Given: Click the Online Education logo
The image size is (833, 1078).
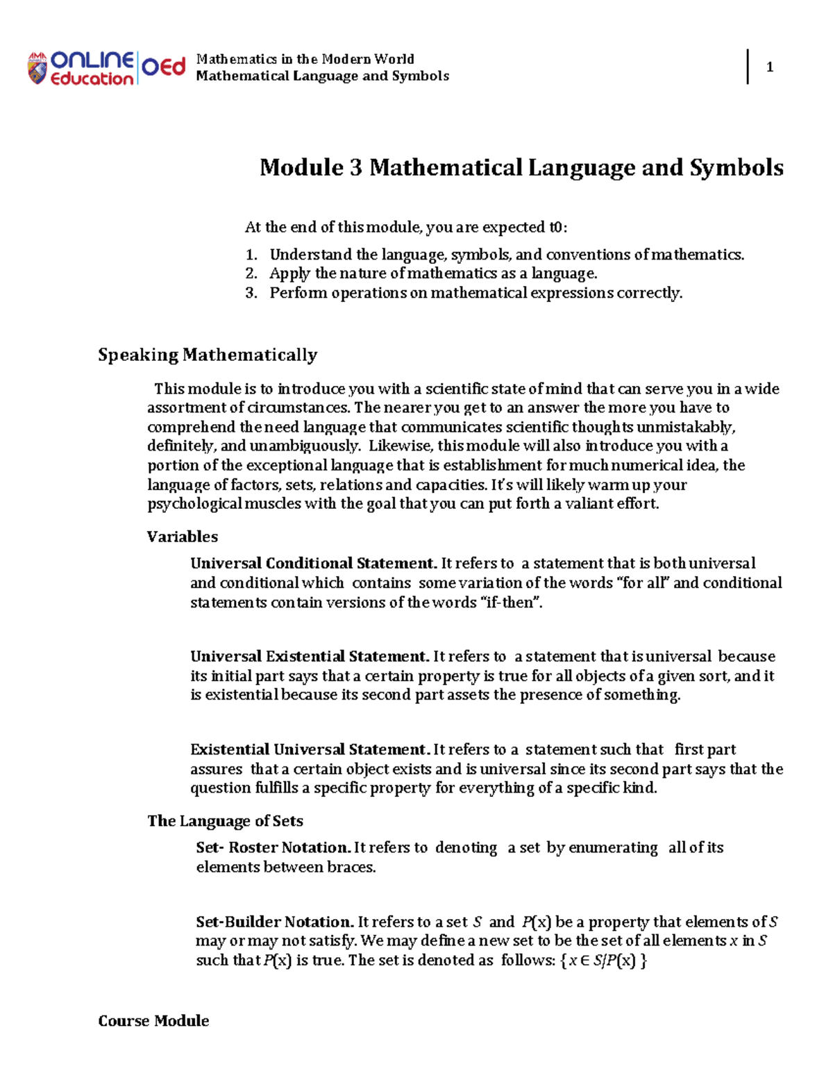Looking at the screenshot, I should coord(106,68).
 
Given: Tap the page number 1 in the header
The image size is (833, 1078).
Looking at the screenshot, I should coord(769,67).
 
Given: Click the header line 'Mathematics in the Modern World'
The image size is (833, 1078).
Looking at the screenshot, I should coord(305,59).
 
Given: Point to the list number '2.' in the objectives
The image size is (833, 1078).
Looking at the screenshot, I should coord(251,273).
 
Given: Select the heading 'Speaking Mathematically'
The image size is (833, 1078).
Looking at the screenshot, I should coord(208,355).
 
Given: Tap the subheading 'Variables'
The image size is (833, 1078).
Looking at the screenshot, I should coord(182,537).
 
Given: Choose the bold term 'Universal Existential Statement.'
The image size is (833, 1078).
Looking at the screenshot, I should coord(310,657).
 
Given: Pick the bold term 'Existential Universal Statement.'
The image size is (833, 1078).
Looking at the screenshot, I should coord(310,750).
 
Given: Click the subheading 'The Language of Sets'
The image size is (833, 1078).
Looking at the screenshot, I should coord(225,821).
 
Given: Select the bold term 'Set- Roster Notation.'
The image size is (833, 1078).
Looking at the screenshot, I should coord(273,848).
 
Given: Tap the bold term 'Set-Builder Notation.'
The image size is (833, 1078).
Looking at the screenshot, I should coord(275,922).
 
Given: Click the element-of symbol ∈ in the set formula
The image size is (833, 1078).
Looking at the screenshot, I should coord(586,961).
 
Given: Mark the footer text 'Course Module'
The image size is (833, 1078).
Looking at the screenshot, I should coord(153,1020).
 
